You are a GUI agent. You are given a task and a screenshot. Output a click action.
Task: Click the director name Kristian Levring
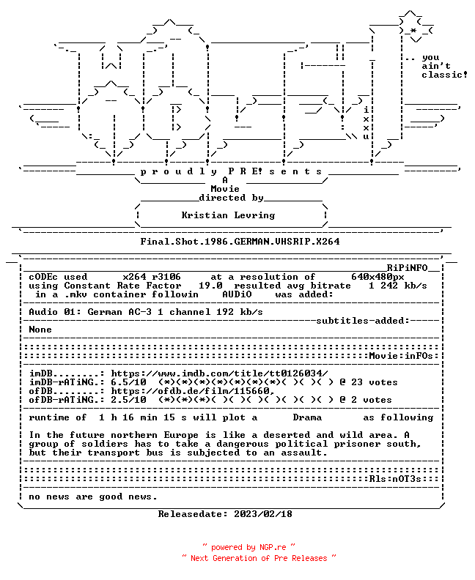pos(228,215)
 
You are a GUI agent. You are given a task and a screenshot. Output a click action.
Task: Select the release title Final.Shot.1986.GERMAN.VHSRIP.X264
pos(240,242)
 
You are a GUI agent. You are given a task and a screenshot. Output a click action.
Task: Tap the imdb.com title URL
pos(219,373)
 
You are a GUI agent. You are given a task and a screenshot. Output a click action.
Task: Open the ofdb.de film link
pos(193,391)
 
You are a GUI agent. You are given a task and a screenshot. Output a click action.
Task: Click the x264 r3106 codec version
pos(152,277)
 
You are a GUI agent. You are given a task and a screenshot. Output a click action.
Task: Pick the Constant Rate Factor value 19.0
pos(210,286)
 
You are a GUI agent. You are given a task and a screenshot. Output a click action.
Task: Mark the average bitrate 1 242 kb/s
pos(397,286)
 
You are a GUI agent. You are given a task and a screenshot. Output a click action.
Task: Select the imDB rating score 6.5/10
pos(128,382)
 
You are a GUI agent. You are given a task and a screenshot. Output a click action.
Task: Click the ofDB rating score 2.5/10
pos(128,400)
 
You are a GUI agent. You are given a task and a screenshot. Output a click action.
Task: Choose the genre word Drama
pos(307,417)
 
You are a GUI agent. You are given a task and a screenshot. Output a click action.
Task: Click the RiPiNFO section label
pos(408,268)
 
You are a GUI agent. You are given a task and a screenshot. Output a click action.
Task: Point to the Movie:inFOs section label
pos(401,356)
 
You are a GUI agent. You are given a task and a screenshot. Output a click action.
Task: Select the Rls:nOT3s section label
pos(395,479)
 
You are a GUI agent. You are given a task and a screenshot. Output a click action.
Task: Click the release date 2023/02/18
pos(263,514)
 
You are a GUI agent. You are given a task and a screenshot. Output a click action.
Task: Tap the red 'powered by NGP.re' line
pos(248,547)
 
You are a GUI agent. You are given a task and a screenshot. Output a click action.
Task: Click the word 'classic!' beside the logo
pos(444,75)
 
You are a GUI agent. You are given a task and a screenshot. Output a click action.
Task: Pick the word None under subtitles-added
pos(40,330)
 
